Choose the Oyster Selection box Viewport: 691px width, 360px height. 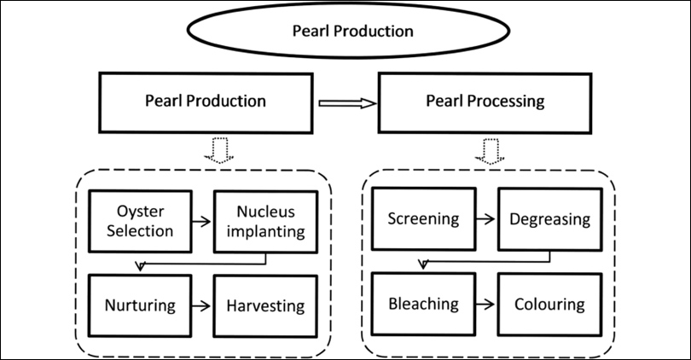[140, 221]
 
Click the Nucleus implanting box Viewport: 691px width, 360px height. [264, 221]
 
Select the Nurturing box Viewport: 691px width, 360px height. [140, 305]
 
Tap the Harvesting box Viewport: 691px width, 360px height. [264, 305]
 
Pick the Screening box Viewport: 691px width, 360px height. [424, 219]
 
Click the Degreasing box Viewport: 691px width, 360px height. [549, 219]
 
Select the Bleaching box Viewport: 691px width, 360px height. [424, 304]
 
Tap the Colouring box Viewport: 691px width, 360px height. [549, 304]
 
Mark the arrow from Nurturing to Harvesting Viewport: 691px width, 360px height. [202, 305]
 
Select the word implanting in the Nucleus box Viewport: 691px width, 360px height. [264, 231]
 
